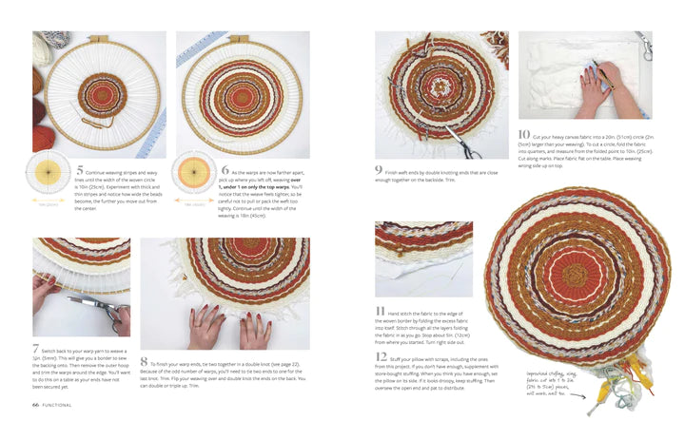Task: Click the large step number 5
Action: point(80,172)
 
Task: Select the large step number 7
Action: point(36,349)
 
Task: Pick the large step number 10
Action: point(525,134)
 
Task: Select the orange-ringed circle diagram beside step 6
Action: point(193,179)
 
